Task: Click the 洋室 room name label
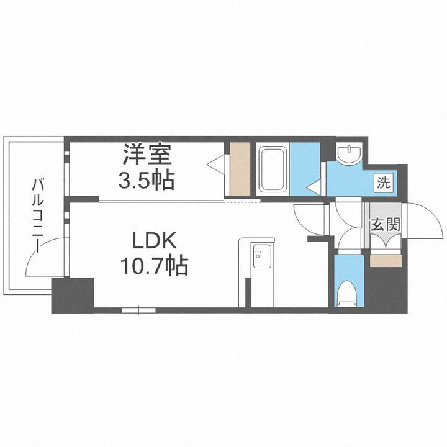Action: [x=147, y=154]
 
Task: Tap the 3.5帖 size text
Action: [x=147, y=180]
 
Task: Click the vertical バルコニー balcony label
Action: [x=37, y=214]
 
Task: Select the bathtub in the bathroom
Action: [x=272, y=168]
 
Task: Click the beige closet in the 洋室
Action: [x=240, y=168]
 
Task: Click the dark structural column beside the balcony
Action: [x=72, y=295]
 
